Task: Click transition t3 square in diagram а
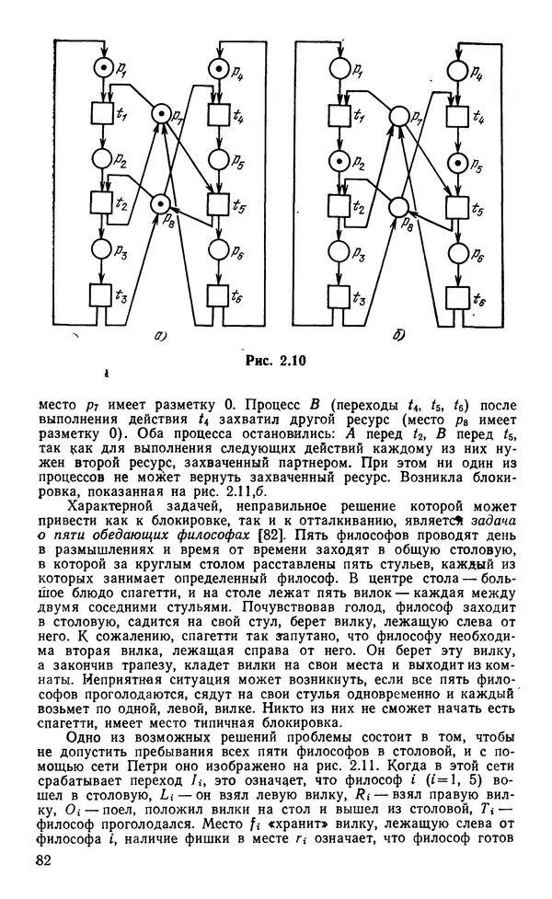pyautogui.click(x=101, y=295)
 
